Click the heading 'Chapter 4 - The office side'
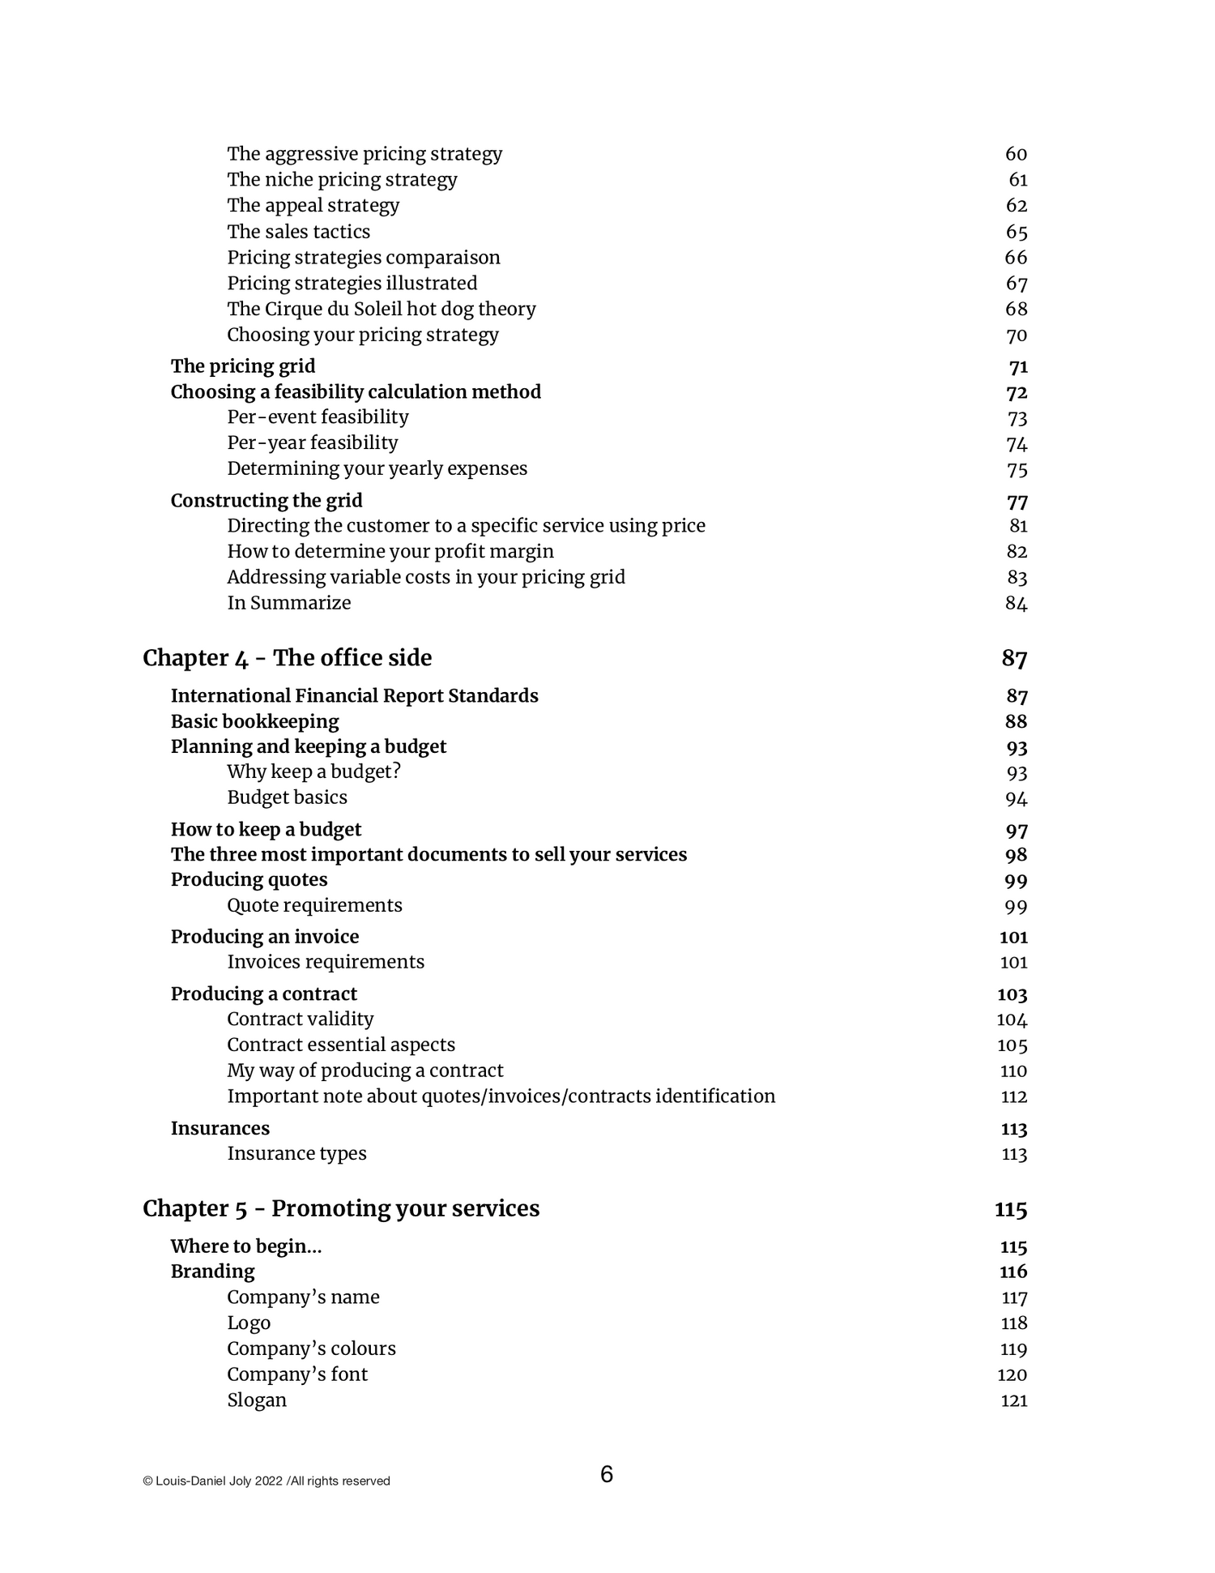(287, 658)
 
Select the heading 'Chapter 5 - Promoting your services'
(341, 1208)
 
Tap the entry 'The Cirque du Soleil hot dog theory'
(382, 309)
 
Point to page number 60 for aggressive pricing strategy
(1016, 154)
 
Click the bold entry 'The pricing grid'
(243, 366)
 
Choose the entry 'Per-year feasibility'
(313, 442)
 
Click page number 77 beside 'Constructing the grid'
(1017, 501)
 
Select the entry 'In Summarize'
(289, 603)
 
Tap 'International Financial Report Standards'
(354, 696)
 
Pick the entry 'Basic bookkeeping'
(254, 721)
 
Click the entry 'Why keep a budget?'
(314, 772)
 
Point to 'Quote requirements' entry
(314, 905)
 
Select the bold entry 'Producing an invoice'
(265, 937)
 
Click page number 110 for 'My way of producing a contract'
(1013, 1071)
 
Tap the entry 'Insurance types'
(296, 1153)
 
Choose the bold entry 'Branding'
(212, 1272)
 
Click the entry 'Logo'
(249, 1323)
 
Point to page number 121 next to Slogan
(1014, 1400)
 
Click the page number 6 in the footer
(607, 1475)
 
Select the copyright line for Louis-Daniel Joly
(266, 1481)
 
